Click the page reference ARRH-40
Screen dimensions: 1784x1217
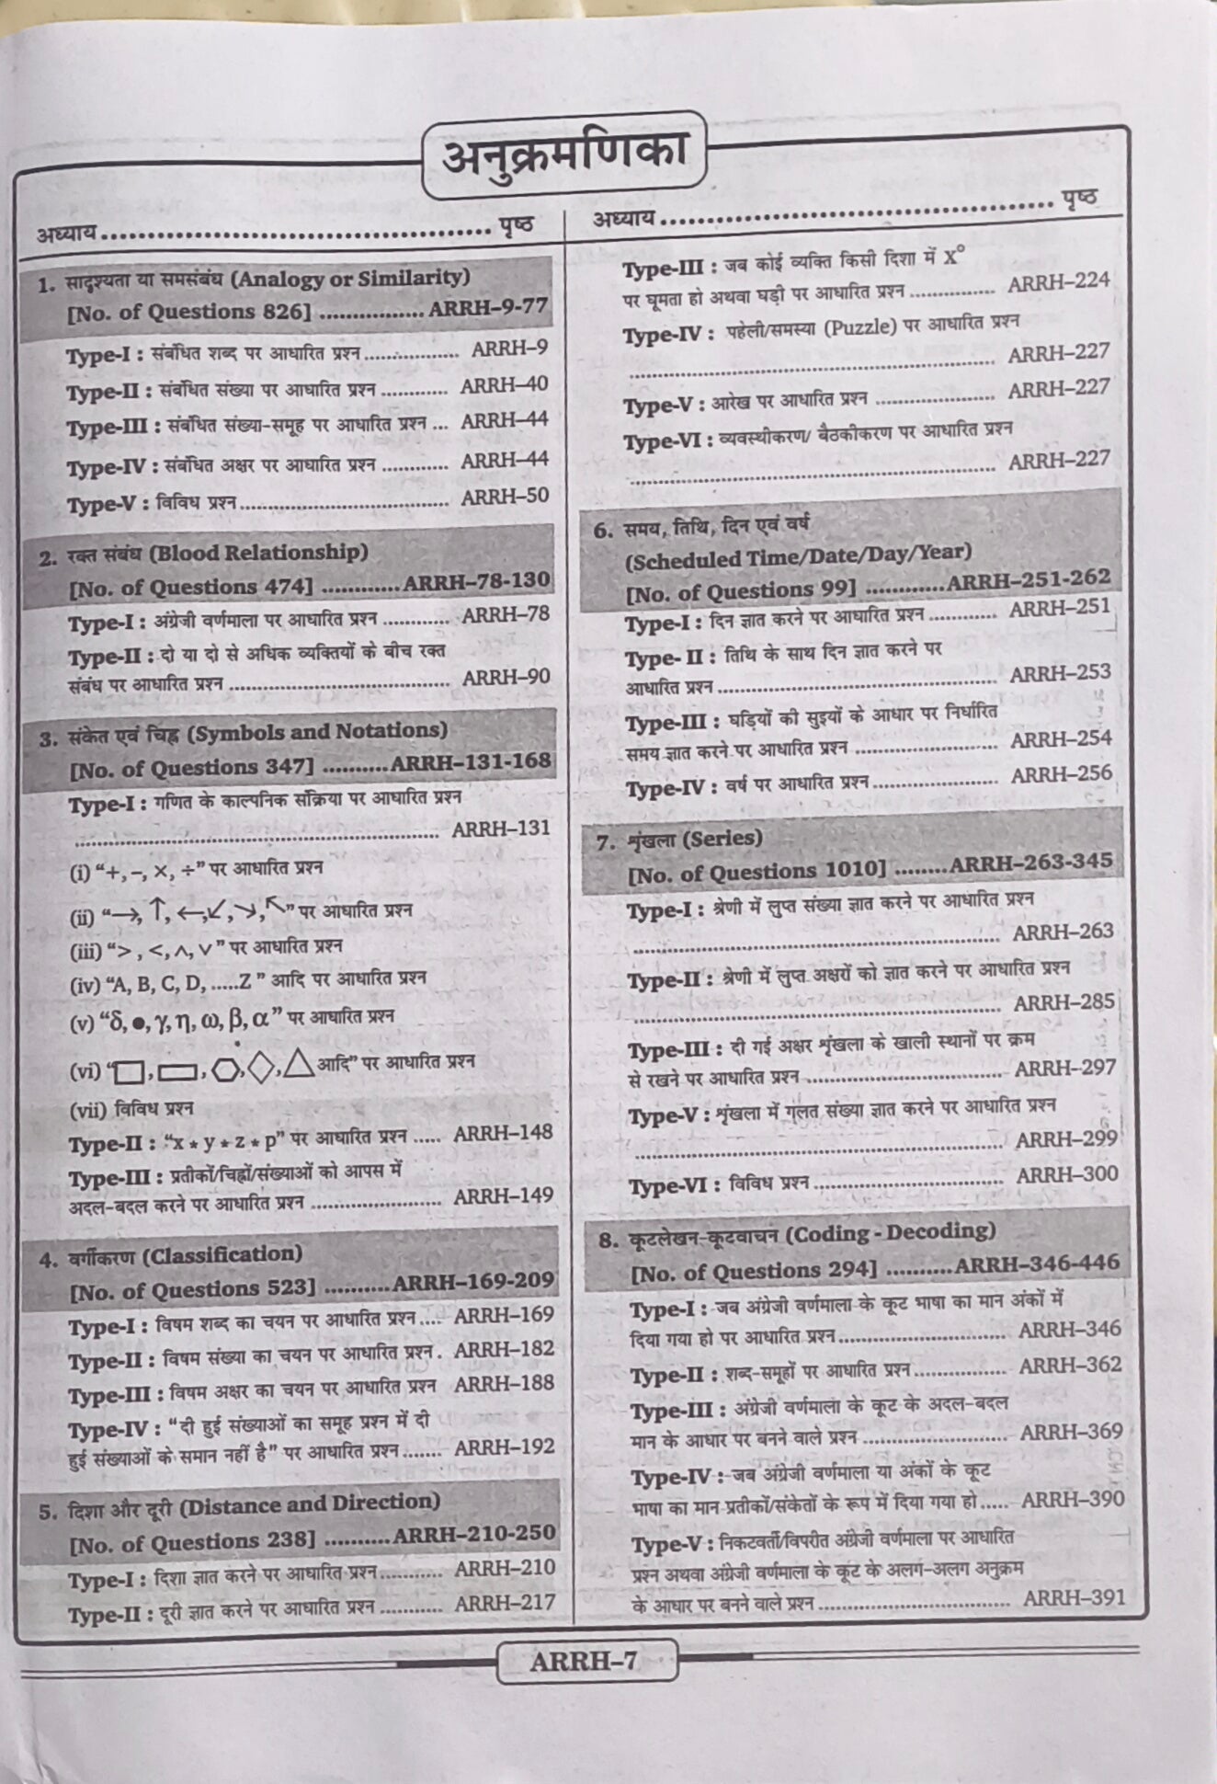pyautogui.click(x=504, y=385)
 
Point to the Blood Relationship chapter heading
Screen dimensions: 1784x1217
pyautogui.click(x=257, y=553)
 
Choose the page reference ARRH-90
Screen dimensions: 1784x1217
pyautogui.click(x=506, y=678)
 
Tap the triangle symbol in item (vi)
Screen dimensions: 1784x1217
pyautogui.click(x=299, y=1063)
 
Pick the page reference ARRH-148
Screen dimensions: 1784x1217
pyautogui.click(x=503, y=1133)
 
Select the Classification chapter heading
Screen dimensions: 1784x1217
pyautogui.click(x=223, y=1255)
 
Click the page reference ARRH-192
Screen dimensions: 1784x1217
pyautogui.click(x=505, y=1447)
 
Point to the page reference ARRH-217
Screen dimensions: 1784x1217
pyautogui.click(x=505, y=1603)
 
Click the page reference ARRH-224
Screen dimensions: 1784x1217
pyautogui.click(x=1058, y=281)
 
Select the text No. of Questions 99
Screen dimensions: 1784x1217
pyautogui.click(x=742, y=589)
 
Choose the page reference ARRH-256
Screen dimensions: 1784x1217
pyautogui.click(x=1061, y=775)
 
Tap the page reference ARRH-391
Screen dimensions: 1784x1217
pyautogui.click(x=1074, y=1597)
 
